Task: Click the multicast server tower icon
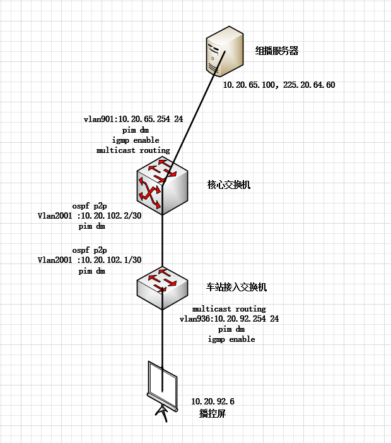tap(225, 51)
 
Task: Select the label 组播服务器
tap(277, 51)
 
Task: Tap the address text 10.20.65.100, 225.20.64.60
tap(279, 85)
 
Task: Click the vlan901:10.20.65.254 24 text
tap(133, 119)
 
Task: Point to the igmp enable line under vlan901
tap(136, 140)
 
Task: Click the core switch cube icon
tap(162, 186)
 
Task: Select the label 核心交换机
tap(229, 185)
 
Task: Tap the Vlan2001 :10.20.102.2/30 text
tap(90, 216)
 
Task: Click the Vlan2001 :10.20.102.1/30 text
tap(90, 260)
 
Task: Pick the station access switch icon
tap(162, 288)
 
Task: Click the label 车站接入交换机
tap(236, 287)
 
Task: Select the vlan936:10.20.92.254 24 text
tap(229, 319)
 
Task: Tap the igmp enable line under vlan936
tap(231, 339)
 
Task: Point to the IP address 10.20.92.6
tap(213, 401)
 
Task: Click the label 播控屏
tap(213, 414)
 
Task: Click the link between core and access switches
tap(162, 241)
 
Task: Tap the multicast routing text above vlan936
tap(229, 309)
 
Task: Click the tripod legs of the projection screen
tap(162, 413)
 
